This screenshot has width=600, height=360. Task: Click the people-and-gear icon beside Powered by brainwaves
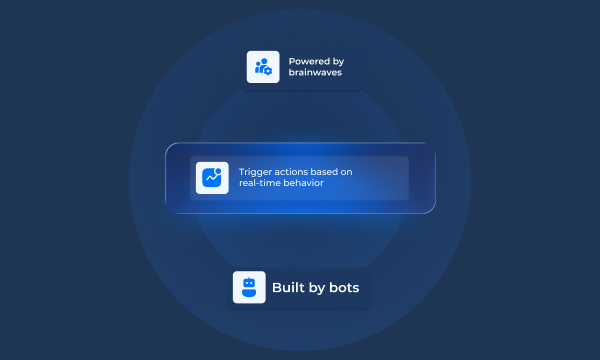coord(263,67)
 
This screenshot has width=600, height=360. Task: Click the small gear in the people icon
coord(268,72)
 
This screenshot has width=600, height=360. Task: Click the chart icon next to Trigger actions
coord(212,178)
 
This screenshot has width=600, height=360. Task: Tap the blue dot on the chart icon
coord(218,172)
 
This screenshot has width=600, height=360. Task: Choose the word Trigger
coord(255,172)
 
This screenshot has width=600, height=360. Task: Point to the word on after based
coord(348,172)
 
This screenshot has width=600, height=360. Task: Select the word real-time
coord(260,184)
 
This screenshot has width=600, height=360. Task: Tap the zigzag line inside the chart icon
coord(210,180)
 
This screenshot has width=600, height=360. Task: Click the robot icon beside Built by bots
coord(249,288)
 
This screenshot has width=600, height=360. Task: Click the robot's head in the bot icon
coord(249,283)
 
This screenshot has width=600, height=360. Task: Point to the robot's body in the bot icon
coord(249,294)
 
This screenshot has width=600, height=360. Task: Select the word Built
coord(287,288)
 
